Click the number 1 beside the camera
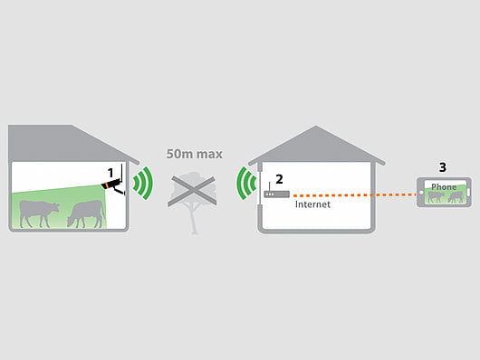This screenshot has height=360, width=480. pos(110,170)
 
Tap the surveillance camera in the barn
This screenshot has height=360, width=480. pos(113,185)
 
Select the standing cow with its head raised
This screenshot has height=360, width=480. pos(38,213)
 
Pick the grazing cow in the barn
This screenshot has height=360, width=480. pos(84,213)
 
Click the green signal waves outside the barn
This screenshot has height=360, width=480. pos(140,185)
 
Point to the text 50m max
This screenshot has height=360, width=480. pos(195,154)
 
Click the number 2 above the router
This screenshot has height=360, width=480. pos(280,180)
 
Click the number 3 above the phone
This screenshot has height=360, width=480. pos(442,167)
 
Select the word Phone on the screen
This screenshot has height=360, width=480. pos(444,186)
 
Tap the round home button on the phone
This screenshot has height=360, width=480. pos(421,194)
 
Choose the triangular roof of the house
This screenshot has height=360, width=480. pos(317,145)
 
